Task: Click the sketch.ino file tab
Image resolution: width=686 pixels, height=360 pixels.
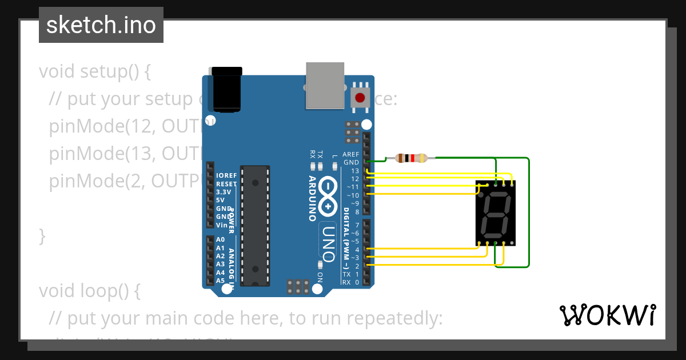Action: coord(101,25)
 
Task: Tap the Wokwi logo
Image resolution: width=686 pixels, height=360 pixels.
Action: coord(607,315)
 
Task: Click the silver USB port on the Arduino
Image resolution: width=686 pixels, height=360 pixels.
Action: coord(325,85)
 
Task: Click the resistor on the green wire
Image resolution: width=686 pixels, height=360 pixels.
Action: coord(411,158)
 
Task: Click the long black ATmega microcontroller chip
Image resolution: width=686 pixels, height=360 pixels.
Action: coord(254,225)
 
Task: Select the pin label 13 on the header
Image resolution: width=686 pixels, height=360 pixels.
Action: coord(355,171)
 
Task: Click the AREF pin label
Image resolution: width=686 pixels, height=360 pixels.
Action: coord(350,155)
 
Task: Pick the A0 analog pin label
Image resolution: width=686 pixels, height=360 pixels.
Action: coord(220,240)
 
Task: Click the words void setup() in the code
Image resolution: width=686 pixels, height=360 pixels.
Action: coord(94,72)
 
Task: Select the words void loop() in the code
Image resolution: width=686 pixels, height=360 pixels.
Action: coord(89,291)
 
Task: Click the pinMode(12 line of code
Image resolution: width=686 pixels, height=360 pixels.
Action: coord(126,127)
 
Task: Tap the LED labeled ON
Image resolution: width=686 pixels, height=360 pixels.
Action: coord(320,265)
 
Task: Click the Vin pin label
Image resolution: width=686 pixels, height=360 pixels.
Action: coord(222,225)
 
